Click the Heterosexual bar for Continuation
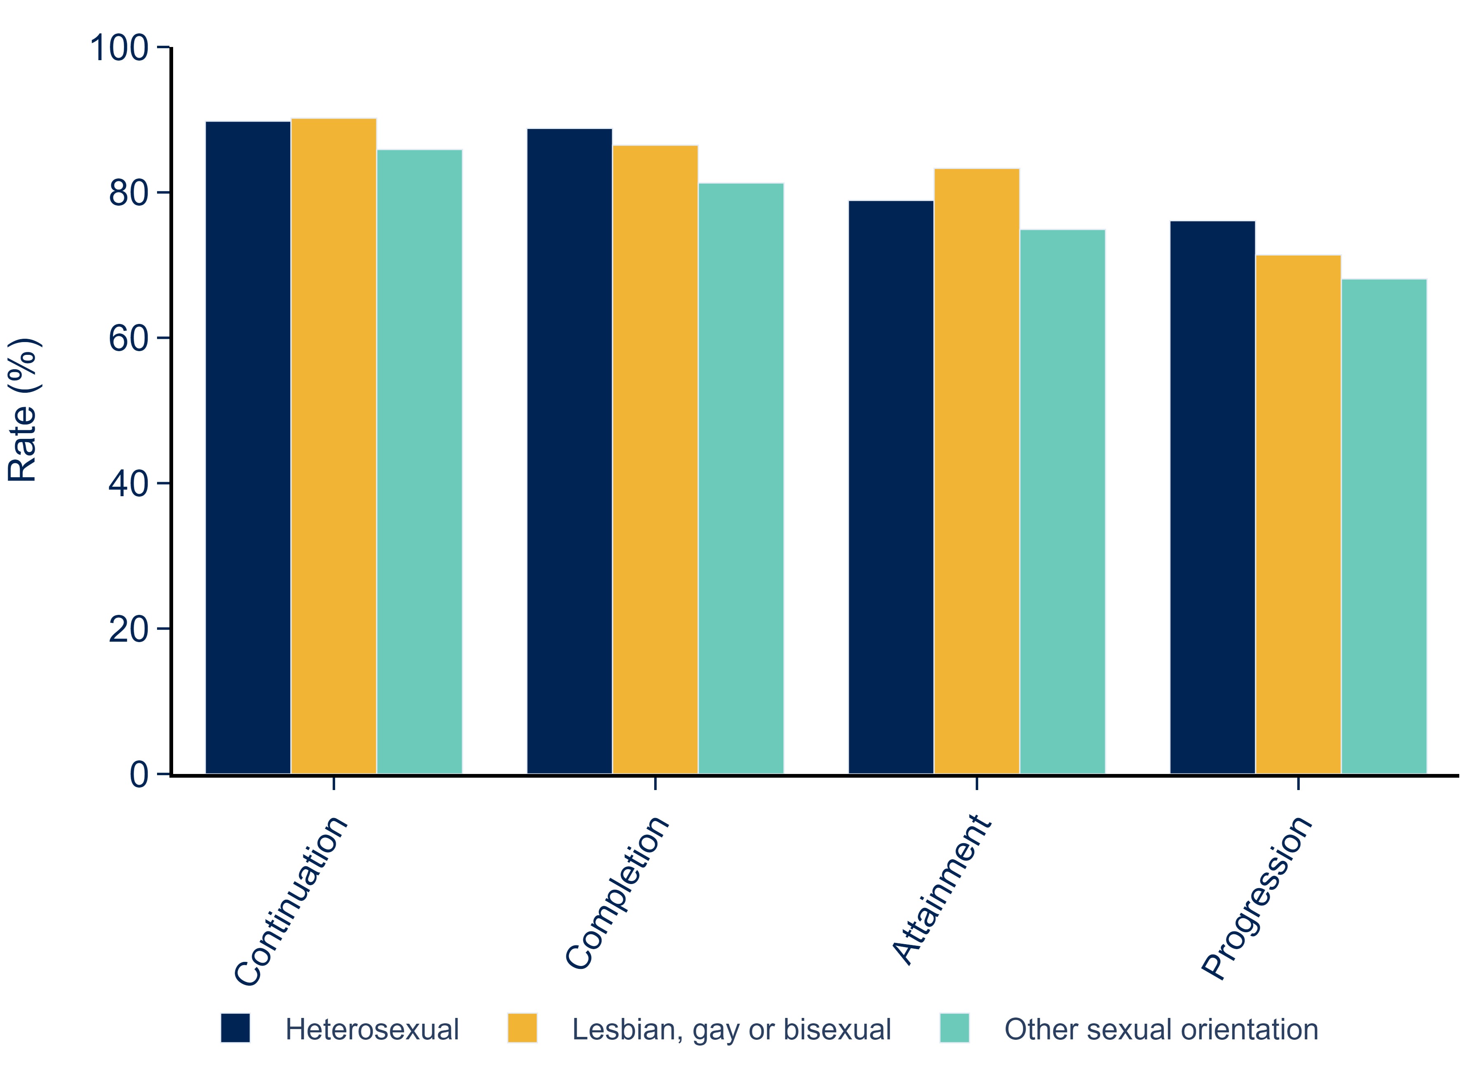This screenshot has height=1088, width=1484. (x=248, y=448)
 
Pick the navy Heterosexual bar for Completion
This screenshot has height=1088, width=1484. (x=569, y=451)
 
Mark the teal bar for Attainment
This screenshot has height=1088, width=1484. (x=1062, y=501)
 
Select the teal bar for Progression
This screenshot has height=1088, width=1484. (x=1383, y=526)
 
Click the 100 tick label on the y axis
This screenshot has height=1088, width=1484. (x=119, y=49)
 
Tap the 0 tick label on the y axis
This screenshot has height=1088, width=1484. (x=139, y=774)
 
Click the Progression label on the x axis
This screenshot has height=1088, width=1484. (x=1256, y=898)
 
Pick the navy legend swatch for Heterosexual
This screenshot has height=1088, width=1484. (x=235, y=1028)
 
